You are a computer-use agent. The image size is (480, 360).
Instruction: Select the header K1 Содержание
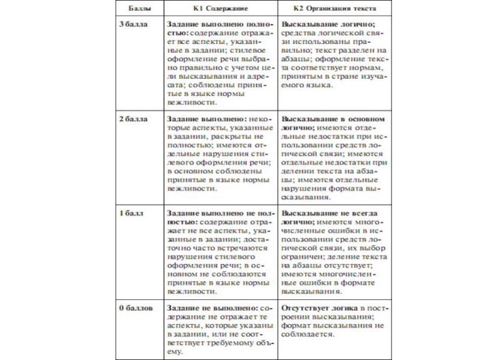click(x=220, y=9)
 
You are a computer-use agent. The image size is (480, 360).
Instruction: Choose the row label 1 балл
click(x=129, y=214)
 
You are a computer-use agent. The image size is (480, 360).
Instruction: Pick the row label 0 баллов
click(x=134, y=308)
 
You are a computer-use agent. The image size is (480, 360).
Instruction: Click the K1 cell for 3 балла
click(x=220, y=60)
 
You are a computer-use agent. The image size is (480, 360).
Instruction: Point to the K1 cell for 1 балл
click(x=220, y=252)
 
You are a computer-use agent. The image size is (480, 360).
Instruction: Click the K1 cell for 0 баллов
click(x=220, y=330)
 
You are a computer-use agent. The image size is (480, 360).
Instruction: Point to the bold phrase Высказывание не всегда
click(x=329, y=214)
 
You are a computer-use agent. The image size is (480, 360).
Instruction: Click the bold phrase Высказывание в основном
click(x=333, y=119)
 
